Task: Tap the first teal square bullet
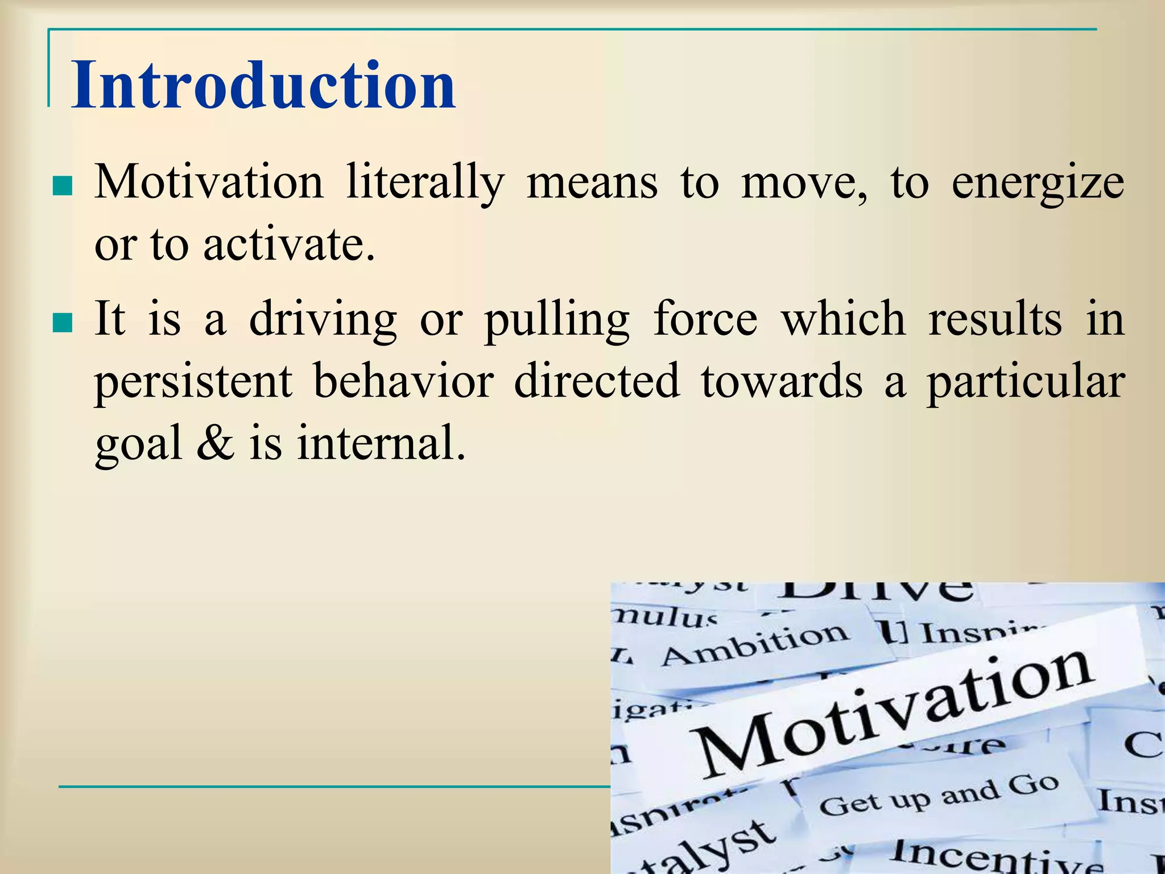[x=62, y=186]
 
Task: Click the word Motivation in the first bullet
[x=209, y=182]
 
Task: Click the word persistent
[x=193, y=381]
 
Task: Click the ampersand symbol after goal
[x=215, y=443]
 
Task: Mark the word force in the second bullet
[x=705, y=319]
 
